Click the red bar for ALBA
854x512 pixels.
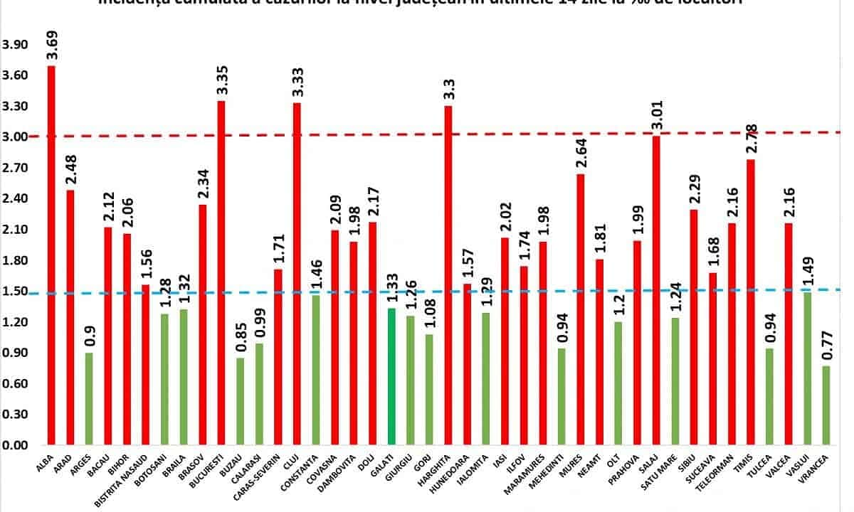point(51,256)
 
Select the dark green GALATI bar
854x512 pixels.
point(391,377)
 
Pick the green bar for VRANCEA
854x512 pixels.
point(826,405)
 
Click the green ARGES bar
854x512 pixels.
point(89,398)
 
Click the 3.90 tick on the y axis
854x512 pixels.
point(15,45)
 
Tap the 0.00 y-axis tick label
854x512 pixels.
point(15,446)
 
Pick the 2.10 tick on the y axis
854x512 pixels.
point(15,230)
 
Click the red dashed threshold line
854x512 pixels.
point(427,134)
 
